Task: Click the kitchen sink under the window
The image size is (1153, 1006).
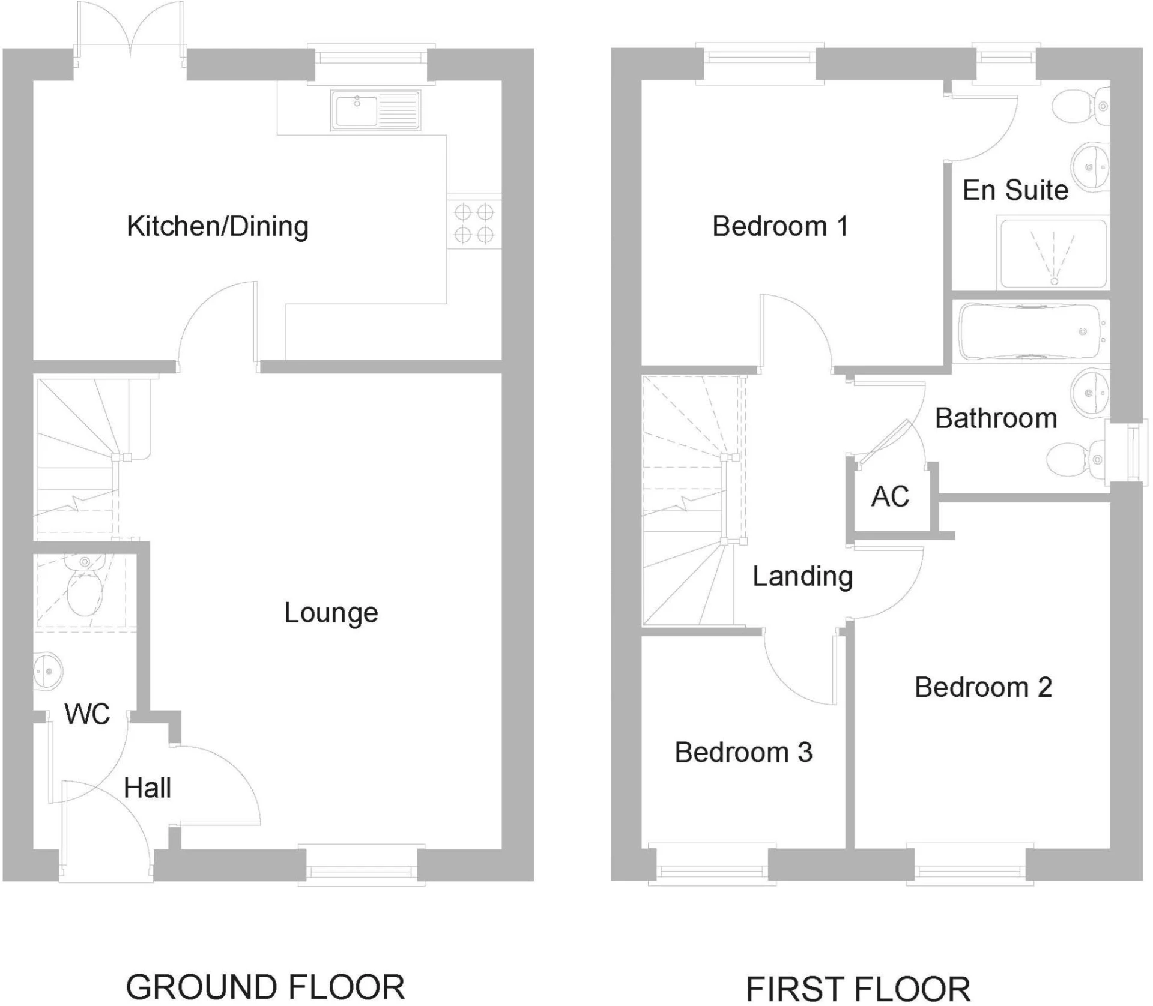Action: coord(375,110)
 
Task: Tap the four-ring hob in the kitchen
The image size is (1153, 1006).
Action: coord(474,223)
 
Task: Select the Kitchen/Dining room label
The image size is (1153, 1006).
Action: coord(217,227)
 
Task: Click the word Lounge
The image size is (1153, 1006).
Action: coord(331,613)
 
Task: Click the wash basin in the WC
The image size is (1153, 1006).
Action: coord(47,670)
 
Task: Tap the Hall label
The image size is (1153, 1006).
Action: coord(147,788)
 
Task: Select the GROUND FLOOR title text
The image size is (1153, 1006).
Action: coord(265,987)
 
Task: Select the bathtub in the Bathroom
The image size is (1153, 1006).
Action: coord(1030,332)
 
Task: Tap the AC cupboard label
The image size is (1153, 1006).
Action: coord(890,497)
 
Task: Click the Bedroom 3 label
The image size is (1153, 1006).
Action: coord(743,753)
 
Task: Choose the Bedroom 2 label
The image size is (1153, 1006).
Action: coord(983,688)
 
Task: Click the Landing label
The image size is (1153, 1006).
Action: coord(802,577)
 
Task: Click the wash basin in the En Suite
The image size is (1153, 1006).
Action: coord(1090,167)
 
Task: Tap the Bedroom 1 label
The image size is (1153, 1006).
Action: coord(780,227)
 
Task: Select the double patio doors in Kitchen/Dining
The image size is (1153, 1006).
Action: coord(130,36)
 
